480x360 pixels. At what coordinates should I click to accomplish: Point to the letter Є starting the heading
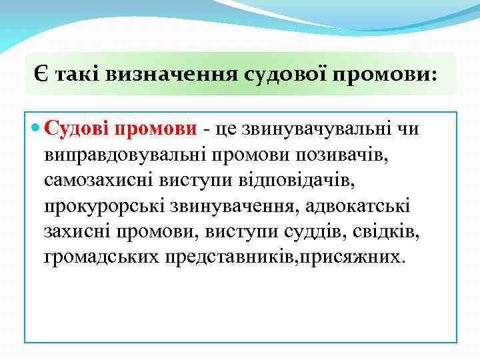41,75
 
